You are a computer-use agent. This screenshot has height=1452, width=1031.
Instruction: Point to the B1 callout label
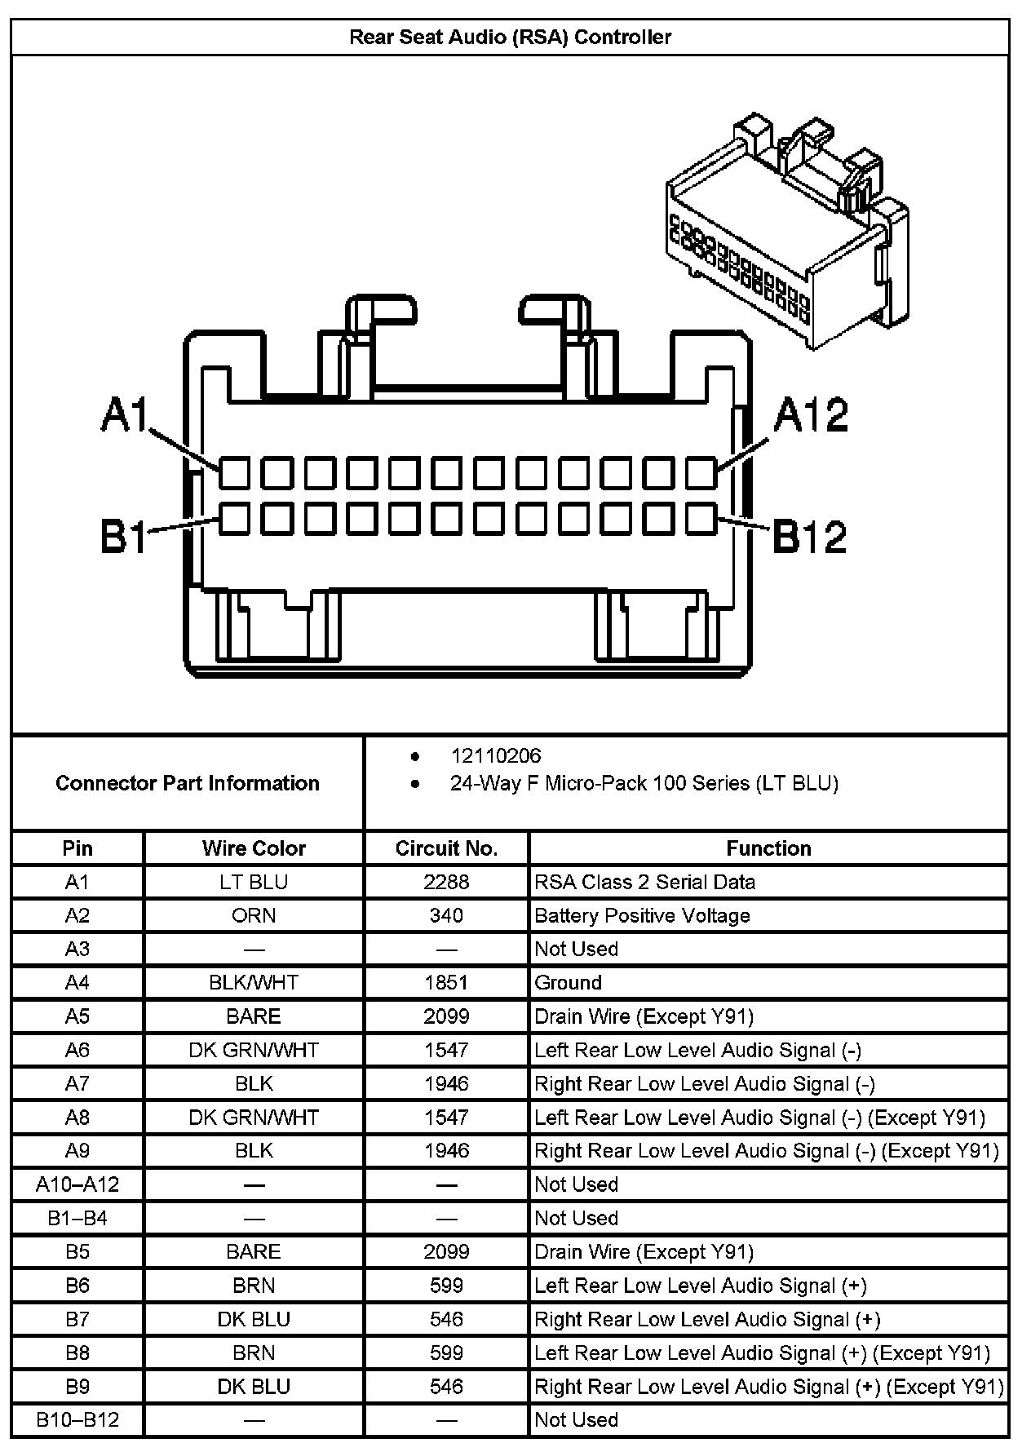tap(123, 538)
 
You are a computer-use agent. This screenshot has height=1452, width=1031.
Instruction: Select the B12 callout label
tap(810, 538)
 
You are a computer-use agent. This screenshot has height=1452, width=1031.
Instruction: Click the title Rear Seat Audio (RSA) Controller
tap(510, 38)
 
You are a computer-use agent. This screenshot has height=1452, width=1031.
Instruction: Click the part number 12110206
tap(496, 756)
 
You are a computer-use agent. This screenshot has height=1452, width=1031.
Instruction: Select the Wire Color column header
tap(254, 848)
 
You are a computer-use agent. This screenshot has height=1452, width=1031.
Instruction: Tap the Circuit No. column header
tap(446, 848)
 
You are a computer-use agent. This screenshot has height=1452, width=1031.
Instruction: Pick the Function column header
tap(768, 848)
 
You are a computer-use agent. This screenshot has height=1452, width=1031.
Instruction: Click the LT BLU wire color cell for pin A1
tap(254, 882)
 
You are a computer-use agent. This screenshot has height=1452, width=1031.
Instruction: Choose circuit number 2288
tap(446, 882)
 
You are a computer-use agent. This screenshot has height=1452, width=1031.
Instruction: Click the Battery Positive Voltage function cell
tap(642, 915)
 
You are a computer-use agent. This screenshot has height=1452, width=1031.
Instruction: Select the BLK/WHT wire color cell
tap(254, 982)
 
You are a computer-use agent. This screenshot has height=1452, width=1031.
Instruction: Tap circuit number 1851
tap(446, 982)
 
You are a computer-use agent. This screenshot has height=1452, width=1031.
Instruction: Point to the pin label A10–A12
tap(77, 1184)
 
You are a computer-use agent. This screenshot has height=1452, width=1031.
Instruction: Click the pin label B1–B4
tap(77, 1218)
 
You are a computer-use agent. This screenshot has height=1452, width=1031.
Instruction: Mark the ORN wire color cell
tap(254, 915)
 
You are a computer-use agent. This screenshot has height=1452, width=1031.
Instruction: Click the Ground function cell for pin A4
tap(568, 982)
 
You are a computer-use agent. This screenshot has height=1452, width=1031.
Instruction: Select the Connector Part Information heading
tap(187, 783)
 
